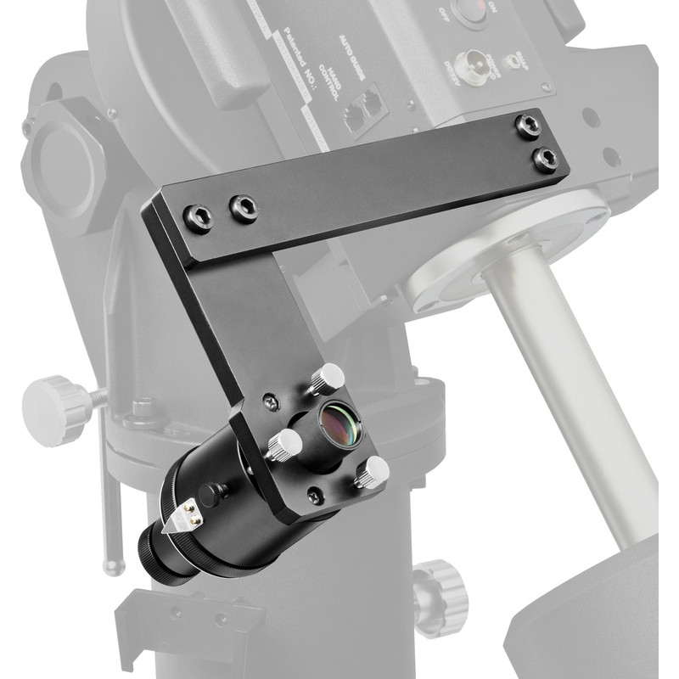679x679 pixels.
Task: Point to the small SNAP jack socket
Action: [x=513, y=61]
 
